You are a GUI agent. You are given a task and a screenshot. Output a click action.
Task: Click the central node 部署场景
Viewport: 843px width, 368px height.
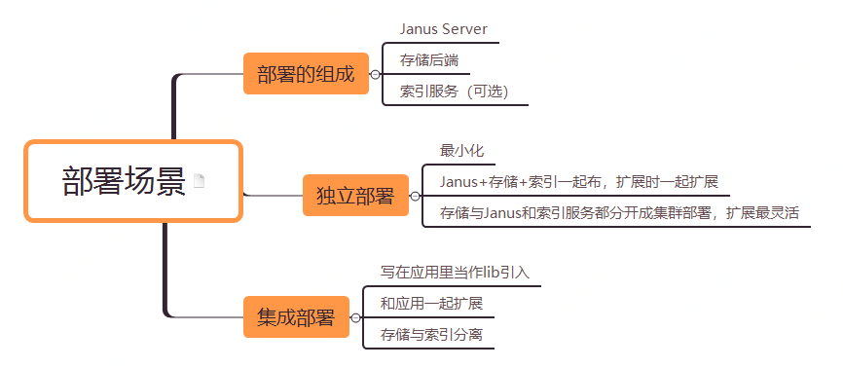coord(124,182)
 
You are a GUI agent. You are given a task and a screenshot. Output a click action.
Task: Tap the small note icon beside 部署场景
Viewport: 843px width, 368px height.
coord(200,181)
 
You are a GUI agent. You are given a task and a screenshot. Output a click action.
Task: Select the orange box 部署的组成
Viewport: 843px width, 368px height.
coord(306,74)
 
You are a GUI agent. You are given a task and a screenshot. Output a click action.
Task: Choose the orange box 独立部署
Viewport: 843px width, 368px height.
coord(354,196)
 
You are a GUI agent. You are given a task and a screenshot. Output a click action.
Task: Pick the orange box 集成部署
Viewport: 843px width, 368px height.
coord(296,317)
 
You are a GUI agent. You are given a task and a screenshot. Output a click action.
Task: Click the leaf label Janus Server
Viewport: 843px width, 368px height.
coord(443,30)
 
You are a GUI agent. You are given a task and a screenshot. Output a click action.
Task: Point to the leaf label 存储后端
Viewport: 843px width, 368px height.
coord(428,60)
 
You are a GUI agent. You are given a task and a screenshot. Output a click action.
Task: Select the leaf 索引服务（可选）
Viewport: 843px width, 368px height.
coord(454,92)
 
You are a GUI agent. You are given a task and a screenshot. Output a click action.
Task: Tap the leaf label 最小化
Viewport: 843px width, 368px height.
coord(461,151)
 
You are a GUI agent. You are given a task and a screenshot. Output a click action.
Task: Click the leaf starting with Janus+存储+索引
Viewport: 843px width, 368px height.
coord(578,181)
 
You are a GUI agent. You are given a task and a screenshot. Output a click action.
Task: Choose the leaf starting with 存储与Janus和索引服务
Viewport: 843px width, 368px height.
coord(624,212)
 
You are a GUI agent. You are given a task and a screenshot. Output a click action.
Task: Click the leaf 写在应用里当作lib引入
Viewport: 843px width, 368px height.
coord(455,273)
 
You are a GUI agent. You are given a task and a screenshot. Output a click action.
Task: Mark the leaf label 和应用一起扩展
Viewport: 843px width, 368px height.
coord(431,304)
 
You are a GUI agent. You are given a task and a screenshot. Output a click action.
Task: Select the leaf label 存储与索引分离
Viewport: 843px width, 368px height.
coord(431,335)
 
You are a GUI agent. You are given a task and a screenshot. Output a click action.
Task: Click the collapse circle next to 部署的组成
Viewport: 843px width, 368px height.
coord(375,74)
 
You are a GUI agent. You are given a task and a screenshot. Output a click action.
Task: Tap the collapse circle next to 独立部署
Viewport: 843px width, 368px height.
coord(415,196)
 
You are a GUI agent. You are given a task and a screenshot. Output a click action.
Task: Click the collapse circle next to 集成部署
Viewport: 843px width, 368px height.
coord(355,317)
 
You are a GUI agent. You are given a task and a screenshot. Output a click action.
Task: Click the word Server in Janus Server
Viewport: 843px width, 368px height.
coord(464,30)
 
